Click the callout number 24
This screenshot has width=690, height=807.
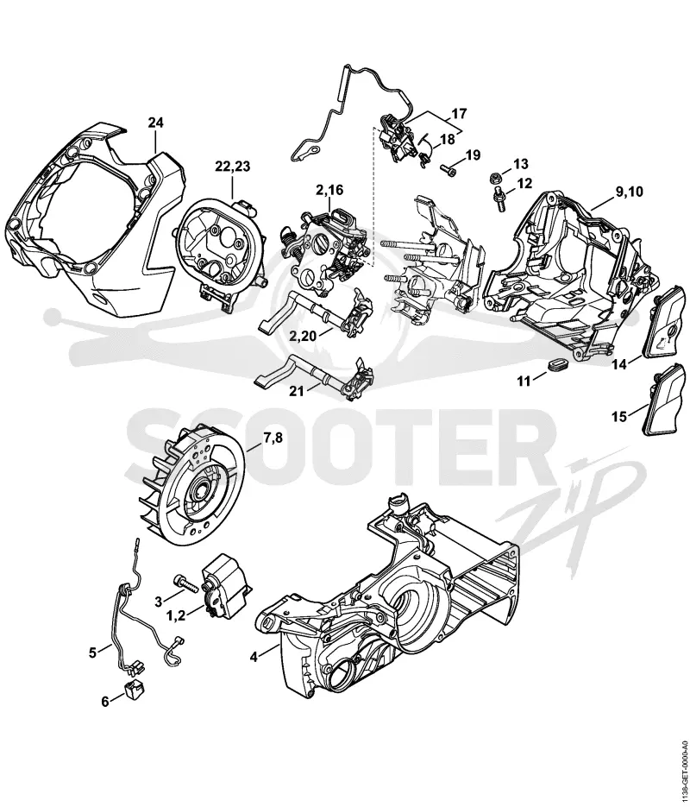click(156, 123)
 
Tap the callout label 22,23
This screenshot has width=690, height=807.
click(232, 167)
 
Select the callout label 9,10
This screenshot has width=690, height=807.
click(629, 192)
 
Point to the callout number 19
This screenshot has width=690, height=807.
click(473, 154)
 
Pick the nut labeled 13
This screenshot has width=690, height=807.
click(494, 178)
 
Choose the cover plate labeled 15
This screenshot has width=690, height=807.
click(666, 400)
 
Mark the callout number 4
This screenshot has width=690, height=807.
click(253, 657)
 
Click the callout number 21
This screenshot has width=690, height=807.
click(296, 392)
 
